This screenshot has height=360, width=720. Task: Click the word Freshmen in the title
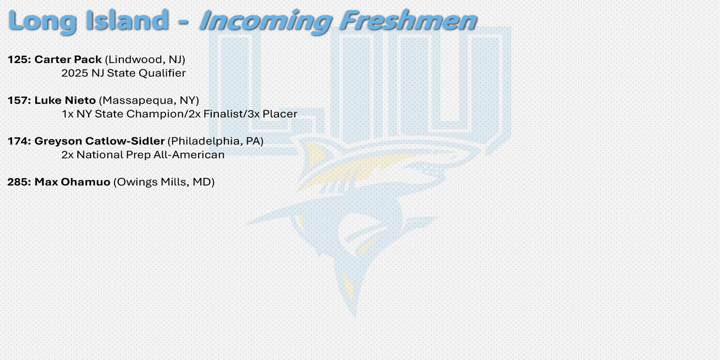(408, 21)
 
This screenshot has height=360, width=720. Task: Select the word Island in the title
(127, 20)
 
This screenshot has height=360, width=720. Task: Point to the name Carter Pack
(68, 59)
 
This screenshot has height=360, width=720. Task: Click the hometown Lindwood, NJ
(145, 60)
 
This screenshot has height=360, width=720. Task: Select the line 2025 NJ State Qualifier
(124, 73)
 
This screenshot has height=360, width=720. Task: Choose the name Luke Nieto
(65, 100)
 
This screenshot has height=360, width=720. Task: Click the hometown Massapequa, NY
(149, 101)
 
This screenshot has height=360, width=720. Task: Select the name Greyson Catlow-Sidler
(100, 141)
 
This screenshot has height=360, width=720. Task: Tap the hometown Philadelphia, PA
(215, 141)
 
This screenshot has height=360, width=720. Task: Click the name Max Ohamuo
(73, 182)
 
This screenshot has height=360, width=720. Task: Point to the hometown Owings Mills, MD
(164, 182)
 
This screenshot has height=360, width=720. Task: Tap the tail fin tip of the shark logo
(355, 317)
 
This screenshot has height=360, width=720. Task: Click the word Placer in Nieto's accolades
(280, 114)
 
